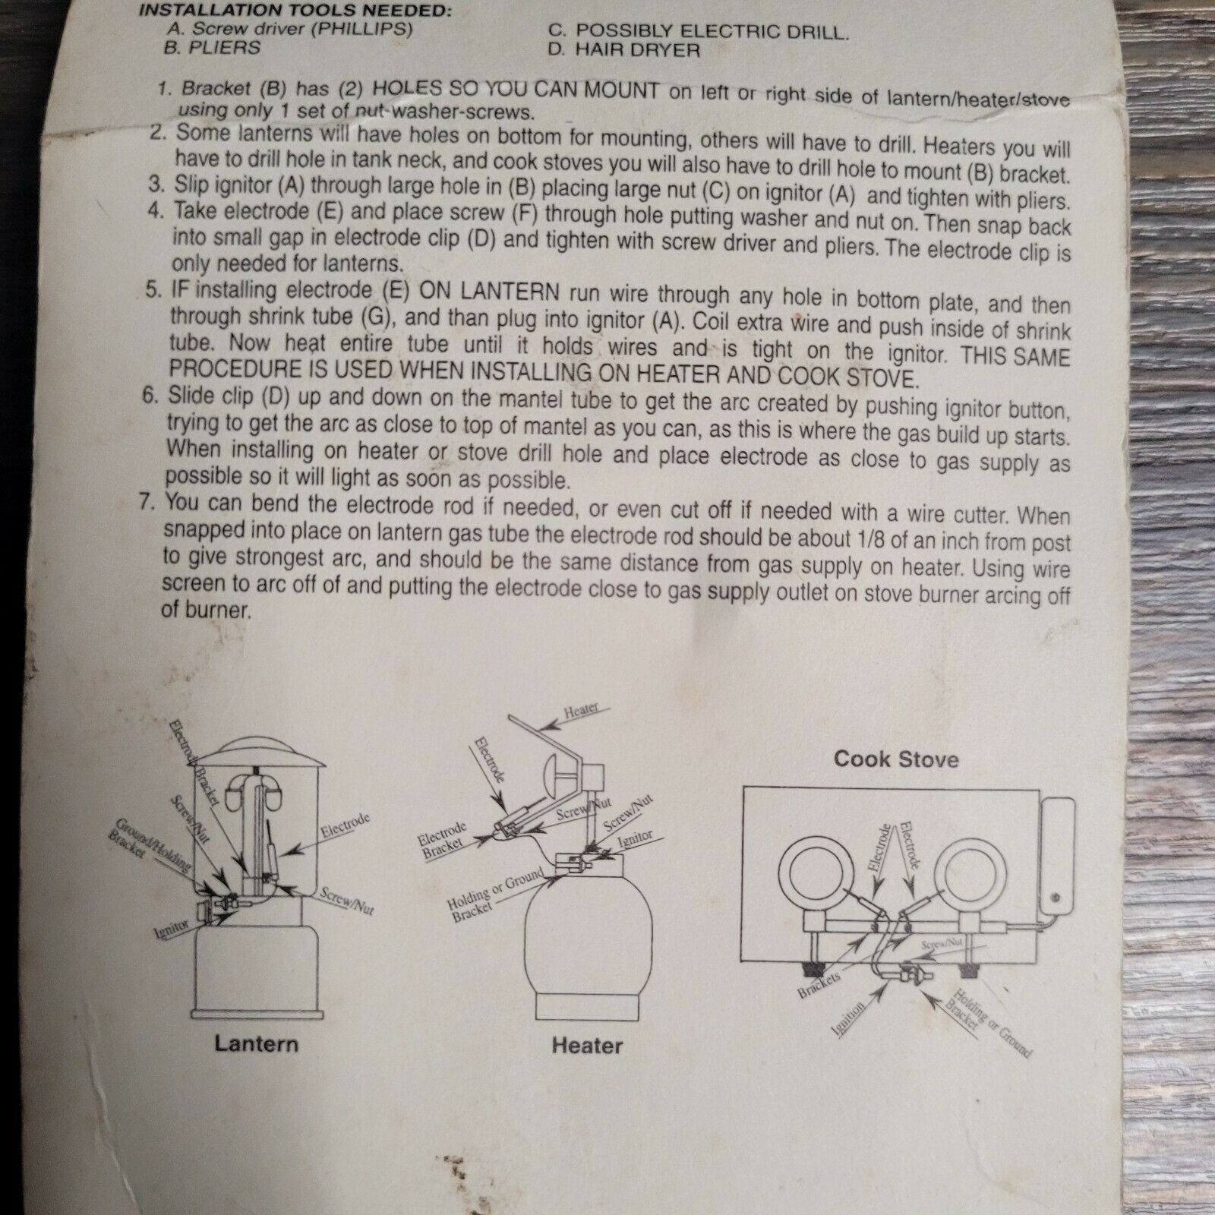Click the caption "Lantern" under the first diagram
point(256,1043)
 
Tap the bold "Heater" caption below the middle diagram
point(587,1046)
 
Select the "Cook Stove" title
point(896,759)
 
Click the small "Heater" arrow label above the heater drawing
point(581,711)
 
